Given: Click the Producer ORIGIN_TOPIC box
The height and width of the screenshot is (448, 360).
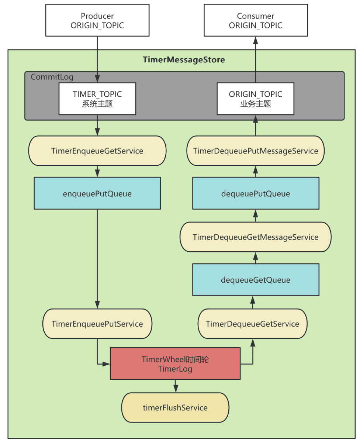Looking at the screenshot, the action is pos(97,20).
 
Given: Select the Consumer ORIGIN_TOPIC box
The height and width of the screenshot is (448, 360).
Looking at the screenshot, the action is pos(256,20).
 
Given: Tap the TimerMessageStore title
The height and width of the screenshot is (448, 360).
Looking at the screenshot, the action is pos(184,59).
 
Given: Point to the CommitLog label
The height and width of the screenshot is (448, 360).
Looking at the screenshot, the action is pos(52,77).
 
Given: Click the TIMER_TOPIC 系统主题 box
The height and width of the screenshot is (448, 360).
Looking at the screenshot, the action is pos(97,99).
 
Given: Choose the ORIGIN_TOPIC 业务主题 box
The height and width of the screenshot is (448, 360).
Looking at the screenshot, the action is pos(255,99).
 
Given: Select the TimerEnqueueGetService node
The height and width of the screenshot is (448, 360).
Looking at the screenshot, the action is pos(97,151).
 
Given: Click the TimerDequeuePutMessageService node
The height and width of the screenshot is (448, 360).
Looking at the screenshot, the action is pos(255,151).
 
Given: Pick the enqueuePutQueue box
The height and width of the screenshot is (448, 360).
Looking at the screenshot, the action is pos(97,193).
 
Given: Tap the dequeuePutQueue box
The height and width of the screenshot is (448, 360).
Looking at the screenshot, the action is pos(256,193).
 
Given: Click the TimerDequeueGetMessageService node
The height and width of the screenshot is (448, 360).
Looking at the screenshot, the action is pos(255,237).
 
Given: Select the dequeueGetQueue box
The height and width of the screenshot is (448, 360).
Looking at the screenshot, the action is pos(256,280).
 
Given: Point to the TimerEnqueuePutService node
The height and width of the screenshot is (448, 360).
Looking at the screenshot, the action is pos(97,324).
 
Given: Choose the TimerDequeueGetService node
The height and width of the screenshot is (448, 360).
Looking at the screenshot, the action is pos(252,324).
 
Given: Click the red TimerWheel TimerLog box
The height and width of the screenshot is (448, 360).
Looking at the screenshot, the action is pos(175,363).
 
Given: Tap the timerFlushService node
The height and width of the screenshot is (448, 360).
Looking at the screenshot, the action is pos(175,408).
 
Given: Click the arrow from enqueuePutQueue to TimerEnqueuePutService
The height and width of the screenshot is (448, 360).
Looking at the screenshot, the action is pos(97,259).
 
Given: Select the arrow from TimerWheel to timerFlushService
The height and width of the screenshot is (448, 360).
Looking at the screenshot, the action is pos(176,386).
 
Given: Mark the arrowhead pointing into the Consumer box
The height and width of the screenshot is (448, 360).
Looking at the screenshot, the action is pos(255,40).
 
